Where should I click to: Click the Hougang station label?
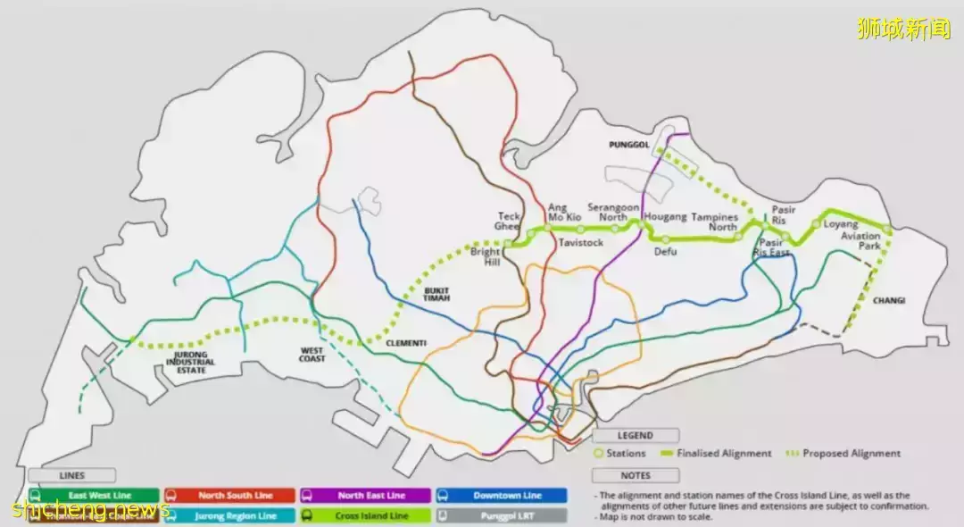click(x=666, y=217)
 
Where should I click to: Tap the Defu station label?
click(x=665, y=252)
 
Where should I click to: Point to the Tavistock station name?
click(x=581, y=243)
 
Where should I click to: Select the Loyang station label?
click(x=841, y=224)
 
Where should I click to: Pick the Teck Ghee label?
click(x=509, y=222)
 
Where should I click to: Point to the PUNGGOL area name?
click(x=629, y=145)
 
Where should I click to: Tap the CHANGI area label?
click(x=889, y=301)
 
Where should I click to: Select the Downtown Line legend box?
click(x=501, y=495)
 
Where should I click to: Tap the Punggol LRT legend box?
click(x=501, y=515)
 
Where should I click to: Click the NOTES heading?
click(x=636, y=476)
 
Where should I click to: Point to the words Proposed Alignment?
click(x=851, y=454)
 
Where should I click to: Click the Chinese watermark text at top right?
click(x=904, y=29)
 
